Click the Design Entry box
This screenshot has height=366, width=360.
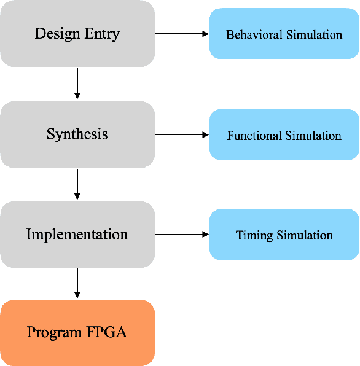77,34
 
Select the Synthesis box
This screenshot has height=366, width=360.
77,134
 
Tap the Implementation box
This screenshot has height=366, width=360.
77,235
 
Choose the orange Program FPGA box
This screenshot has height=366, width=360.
77,333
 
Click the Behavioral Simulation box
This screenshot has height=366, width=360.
284,34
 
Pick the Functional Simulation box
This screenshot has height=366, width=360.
284,135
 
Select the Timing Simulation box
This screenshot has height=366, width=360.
284,235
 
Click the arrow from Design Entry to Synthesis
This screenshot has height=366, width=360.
77,84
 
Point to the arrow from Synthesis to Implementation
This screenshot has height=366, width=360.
77,184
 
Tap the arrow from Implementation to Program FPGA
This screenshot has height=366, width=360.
77,283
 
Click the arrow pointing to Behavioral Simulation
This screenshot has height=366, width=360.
182,34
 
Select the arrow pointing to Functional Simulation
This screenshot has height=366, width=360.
182,134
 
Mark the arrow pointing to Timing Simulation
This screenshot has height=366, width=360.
182,234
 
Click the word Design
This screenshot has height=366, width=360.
58,34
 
